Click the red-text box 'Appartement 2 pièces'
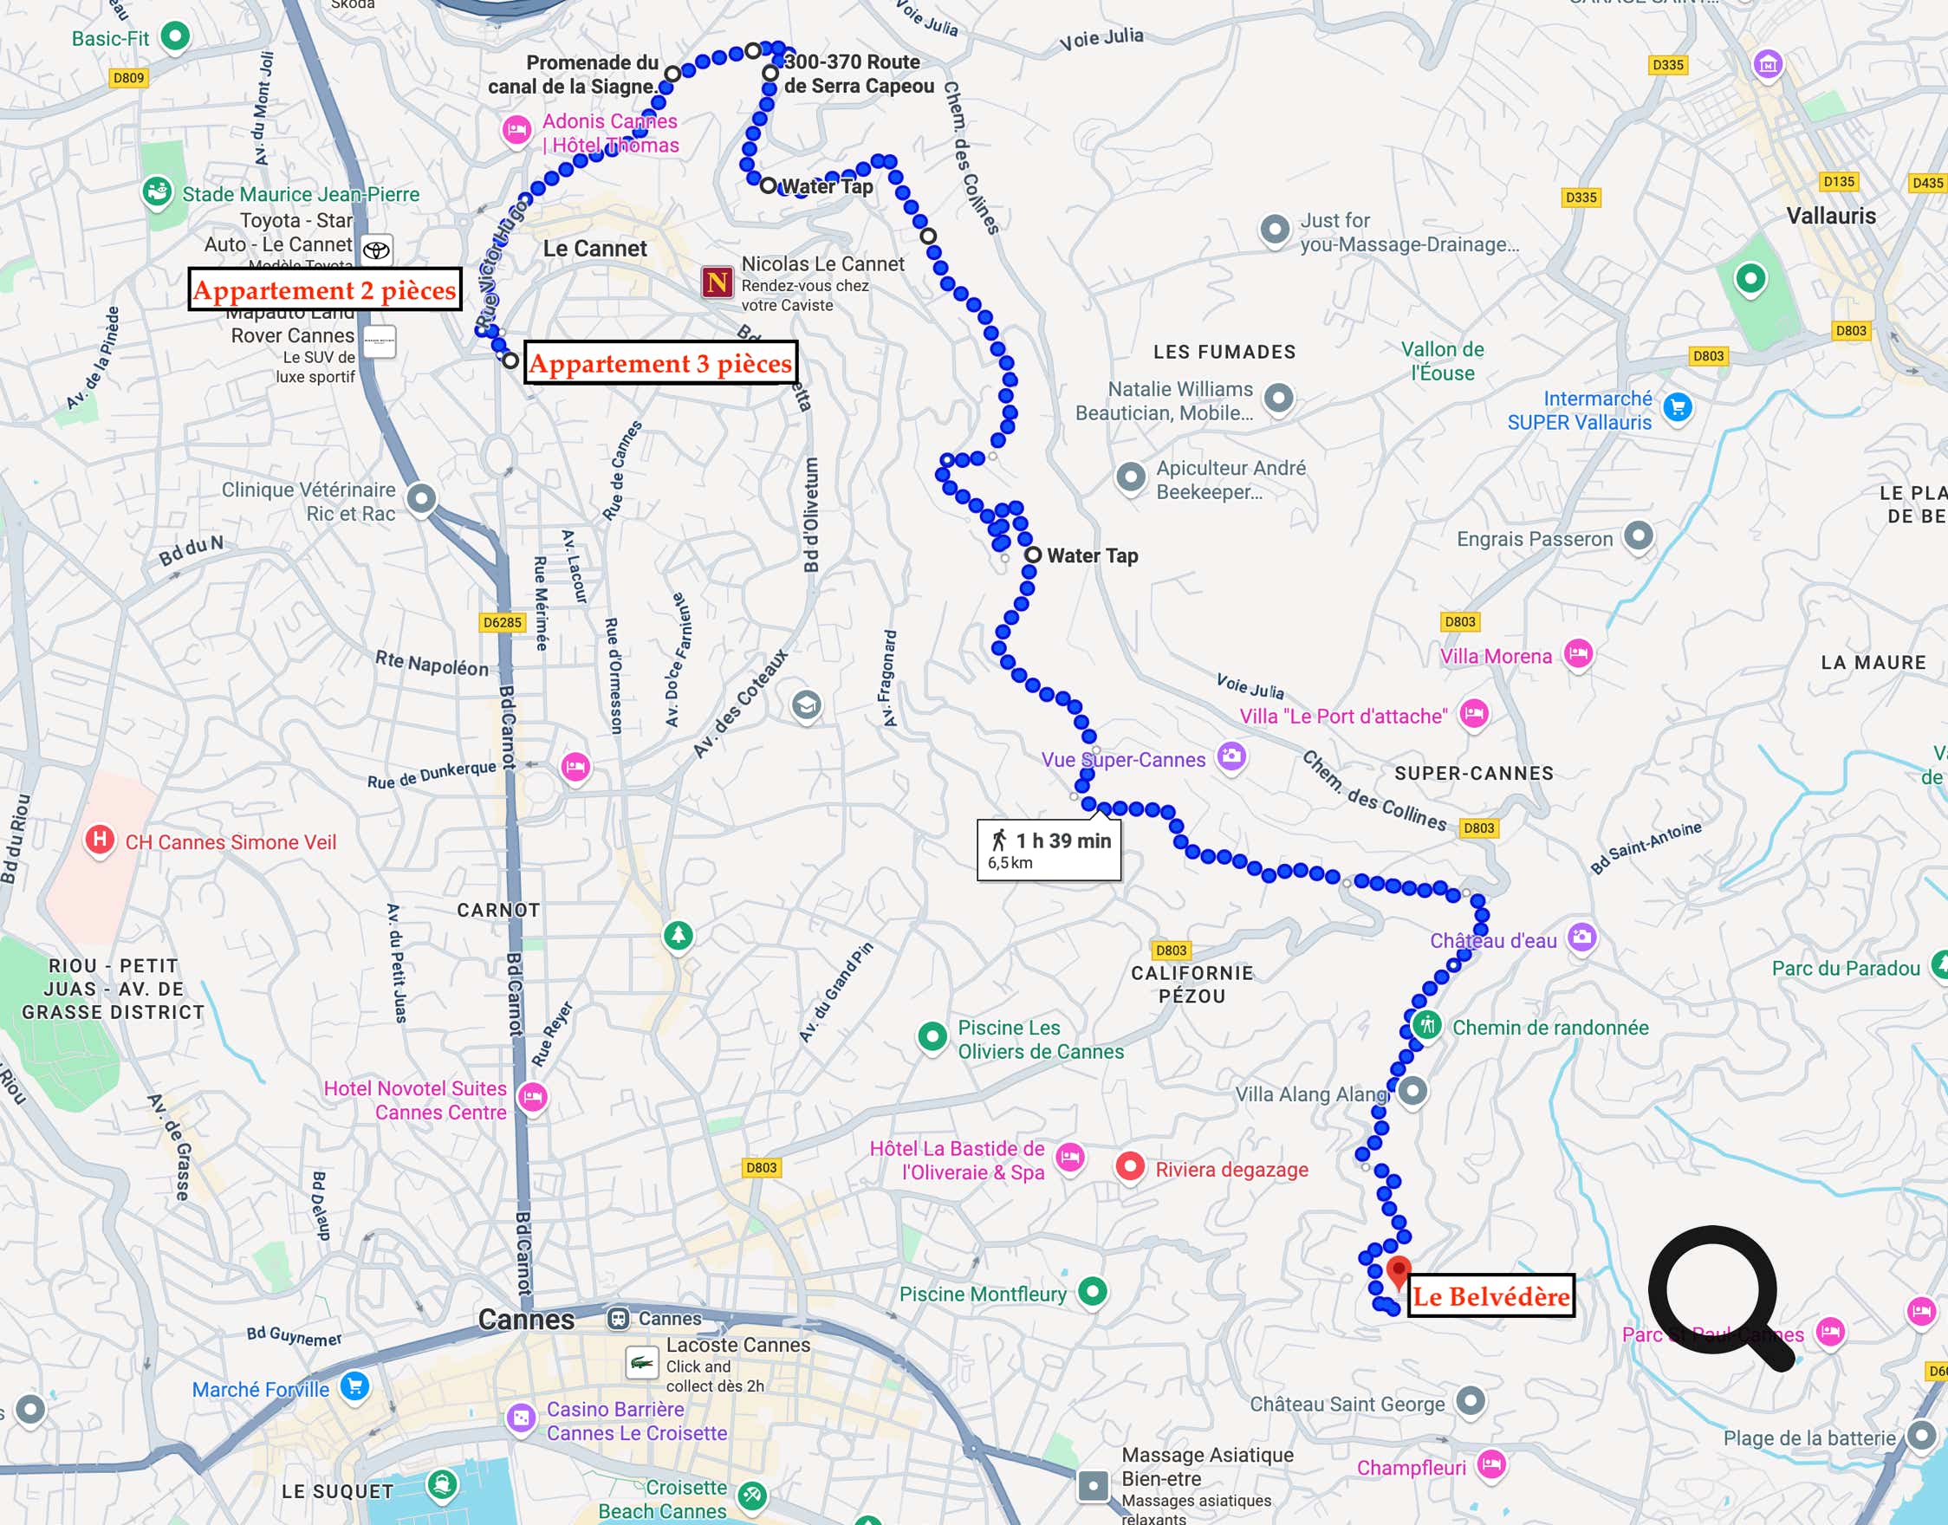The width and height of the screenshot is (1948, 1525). coord(324,289)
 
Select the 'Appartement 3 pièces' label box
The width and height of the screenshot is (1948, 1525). coord(659,362)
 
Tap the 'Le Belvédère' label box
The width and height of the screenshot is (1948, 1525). coord(1490,1295)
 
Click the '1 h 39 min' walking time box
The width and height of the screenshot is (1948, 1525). coord(1049,849)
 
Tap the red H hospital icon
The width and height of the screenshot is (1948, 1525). coord(99,840)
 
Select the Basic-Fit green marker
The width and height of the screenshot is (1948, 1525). coord(175,36)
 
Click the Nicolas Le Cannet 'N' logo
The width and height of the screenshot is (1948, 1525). coord(717,282)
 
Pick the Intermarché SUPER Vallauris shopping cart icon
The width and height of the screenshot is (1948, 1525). coord(1678,407)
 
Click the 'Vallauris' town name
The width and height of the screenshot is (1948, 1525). coord(1830,216)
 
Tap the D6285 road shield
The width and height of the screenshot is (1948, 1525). coord(502,622)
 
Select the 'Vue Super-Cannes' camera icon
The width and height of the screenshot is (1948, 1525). coord(1232,757)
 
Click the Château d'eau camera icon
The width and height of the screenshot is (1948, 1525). coord(1582,937)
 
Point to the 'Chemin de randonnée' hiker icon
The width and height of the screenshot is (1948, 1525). coord(1426,1024)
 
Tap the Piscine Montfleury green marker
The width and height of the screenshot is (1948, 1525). coord(1093,1290)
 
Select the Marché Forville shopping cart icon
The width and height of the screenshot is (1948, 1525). coord(355,1385)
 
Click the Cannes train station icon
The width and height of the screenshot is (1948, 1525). coord(618,1318)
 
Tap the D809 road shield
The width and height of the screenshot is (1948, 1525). coord(128,78)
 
